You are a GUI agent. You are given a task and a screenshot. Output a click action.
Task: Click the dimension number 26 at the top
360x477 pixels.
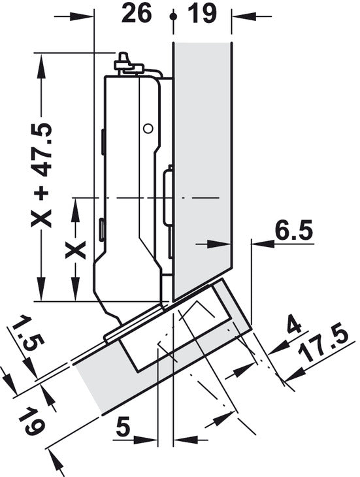136,13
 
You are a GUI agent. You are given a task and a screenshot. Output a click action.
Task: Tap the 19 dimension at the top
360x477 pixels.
202,13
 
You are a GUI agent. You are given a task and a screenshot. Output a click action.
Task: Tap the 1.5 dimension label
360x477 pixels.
28,335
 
